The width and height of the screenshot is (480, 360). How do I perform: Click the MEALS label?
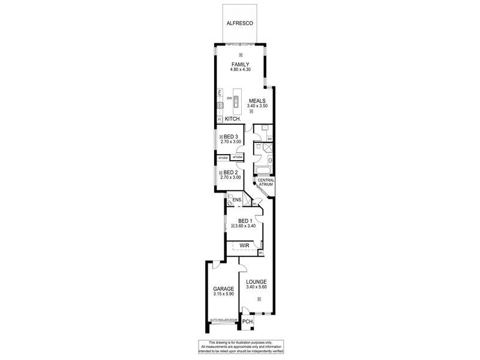click(x=257, y=100)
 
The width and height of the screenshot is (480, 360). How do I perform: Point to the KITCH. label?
click(x=233, y=119)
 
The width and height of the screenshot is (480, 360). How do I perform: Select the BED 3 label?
click(x=231, y=137)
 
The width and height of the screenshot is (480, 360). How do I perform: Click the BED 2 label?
click(x=231, y=172)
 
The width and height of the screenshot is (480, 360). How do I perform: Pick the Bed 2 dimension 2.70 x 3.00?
click(x=231, y=178)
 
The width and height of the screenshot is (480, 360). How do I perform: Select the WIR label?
click(x=244, y=246)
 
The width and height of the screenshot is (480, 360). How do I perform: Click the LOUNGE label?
click(x=256, y=282)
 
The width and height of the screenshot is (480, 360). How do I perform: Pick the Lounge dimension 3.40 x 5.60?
click(x=256, y=288)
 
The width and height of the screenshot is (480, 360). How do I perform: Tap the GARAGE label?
click(x=223, y=289)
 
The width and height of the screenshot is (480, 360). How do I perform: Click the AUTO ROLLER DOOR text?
click(x=223, y=320)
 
